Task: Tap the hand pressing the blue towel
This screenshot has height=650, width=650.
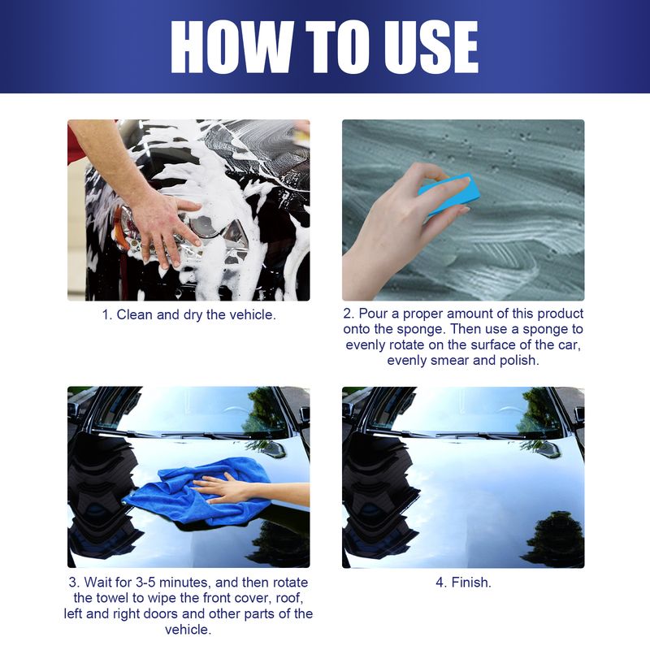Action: pyautogui.click(x=227, y=488)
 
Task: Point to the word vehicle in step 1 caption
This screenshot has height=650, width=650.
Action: pyautogui.click(x=249, y=314)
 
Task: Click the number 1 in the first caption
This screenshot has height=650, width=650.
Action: pyautogui.click(x=105, y=314)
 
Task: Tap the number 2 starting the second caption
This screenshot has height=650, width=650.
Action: pyautogui.click(x=346, y=314)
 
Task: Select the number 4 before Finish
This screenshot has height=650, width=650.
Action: pyautogui.click(x=438, y=583)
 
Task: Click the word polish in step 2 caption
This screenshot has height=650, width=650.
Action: pyautogui.click(x=519, y=359)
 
